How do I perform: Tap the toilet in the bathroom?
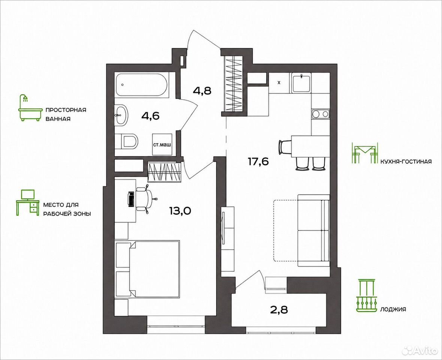point(127,141)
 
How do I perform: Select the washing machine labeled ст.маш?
point(162,144)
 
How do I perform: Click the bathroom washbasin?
point(121,114)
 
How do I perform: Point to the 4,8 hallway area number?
point(202,91)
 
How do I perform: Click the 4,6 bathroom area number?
point(150,115)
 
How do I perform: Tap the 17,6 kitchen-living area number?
point(258,162)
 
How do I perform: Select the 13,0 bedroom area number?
point(180,210)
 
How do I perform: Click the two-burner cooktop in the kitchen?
point(321,114)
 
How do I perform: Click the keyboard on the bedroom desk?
point(131,199)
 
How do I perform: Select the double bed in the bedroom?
point(148,269)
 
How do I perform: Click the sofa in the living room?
point(314,230)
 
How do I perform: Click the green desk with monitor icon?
point(27,202)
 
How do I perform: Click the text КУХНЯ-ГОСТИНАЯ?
point(406,162)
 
